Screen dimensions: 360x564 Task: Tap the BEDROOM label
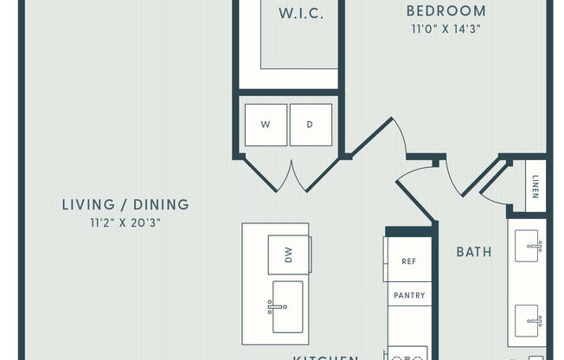[446, 10]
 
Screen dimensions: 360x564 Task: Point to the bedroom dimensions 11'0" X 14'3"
[445, 29]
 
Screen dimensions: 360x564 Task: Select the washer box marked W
[266, 125]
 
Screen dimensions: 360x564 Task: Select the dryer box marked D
[311, 125]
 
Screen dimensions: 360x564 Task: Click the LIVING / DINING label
[125, 205]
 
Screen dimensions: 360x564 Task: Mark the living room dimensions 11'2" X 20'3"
[125, 222]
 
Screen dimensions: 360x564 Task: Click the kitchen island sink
[288, 305]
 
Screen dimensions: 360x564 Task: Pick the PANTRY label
[409, 295]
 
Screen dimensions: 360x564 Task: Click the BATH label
[474, 252]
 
